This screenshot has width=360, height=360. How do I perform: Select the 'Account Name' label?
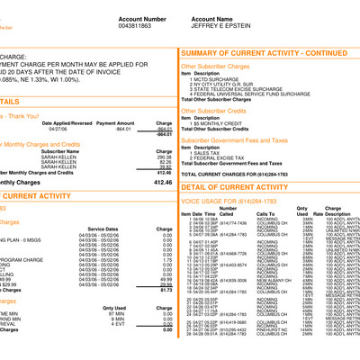(x=220, y=18)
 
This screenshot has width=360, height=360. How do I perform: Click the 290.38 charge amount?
(x=163, y=156)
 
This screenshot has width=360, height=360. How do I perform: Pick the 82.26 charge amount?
(x=164, y=161)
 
